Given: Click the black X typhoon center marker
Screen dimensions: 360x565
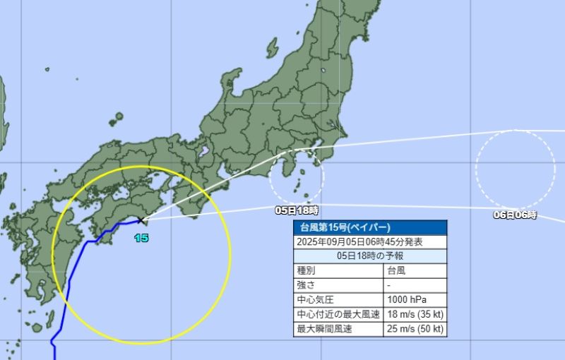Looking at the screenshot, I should click(x=141, y=221).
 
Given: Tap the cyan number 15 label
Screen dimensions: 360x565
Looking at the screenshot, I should click(x=141, y=239).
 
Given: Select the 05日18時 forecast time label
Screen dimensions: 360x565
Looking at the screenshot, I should click(x=297, y=210).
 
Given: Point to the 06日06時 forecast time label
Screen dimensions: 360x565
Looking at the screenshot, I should click(x=515, y=215).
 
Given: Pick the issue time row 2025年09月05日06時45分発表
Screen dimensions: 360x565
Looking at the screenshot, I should click(x=370, y=242).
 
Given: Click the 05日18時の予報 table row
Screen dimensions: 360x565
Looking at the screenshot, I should click(x=370, y=256).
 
